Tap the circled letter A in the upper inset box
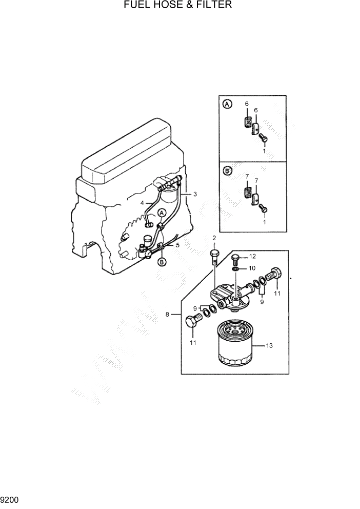pyautogui.click(x=227, y=105)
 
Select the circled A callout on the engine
pyautogui.click(x=162, y=212)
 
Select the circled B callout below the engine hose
pyautogui.click(x=162, y=262)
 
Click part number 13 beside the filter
pyautogui.click(x=269, y=346)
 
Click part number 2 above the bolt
pyautogui.click(x=214, y=238)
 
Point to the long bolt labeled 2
pyautogui.click(x=214, y=256)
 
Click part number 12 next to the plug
pyautogui.click(x=252, y=256)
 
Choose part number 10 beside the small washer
pyautogui.click(x=252, y=268)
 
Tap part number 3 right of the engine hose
pyautogui.click(x=195, y=194)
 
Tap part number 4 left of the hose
pyautogui.click(x=142, y=203)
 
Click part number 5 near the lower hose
pyautogui.click(x=177, y=245)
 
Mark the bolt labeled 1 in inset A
pyautogui.click(x=263, y=138)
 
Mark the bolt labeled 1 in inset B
pyautogui.click(x=263, y=208)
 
